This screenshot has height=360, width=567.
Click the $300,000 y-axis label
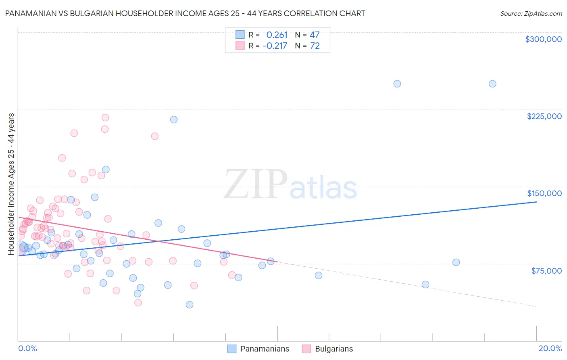click(x=543, y=39)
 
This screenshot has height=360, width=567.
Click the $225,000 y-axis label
click(x=544, y=116)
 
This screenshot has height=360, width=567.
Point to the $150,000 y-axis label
click(x=544, y=193)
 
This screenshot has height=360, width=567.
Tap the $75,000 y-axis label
click(x=546, y=271)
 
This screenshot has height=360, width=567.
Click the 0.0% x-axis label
click(x=27, y=348)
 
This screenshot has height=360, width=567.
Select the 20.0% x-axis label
click(x=550, y=348)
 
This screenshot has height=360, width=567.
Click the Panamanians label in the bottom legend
click(x=265, y=349)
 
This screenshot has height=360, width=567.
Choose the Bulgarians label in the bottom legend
click(x=334, y=349)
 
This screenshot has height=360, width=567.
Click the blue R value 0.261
click(x=277, y=35)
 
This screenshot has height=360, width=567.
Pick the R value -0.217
click(x=275, y=46)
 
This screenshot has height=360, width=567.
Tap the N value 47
click(x=315, y=35)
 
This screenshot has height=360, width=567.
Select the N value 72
click(x=315, y=46)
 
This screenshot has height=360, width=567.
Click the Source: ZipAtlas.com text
click(x=531, y=14)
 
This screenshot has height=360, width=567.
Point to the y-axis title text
click(x=11, y=184)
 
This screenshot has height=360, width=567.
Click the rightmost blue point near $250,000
click(x=492, y=84)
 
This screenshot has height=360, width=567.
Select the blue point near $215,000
click(x=174, y=119)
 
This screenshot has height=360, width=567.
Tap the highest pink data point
click(x=105, y=117)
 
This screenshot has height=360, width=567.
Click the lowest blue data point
click(x=190, y=305)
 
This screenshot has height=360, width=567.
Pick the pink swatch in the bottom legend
click(x=306, y=349)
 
